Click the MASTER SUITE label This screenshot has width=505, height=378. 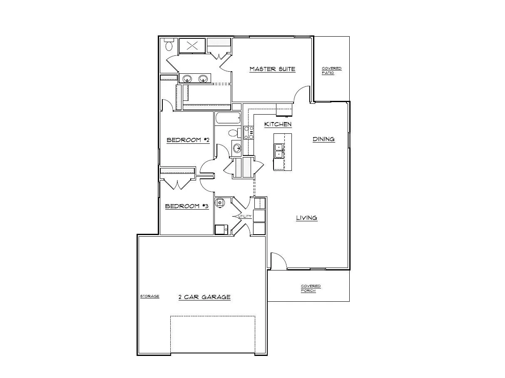pos(272,69)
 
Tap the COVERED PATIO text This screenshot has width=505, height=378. pos(331,70)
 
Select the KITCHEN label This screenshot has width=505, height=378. pos(278,124)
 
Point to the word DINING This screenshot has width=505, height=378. pos(323,139)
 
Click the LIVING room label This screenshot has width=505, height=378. pos(306,218)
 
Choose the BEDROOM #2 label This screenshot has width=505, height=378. pos(187,140)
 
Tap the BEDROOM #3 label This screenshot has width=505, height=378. pos(187,206)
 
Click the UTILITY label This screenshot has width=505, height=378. pos(244,216)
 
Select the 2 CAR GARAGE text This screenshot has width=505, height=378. pos(204,297)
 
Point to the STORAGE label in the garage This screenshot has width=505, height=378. pos(149,296)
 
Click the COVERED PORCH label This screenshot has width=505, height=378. pos(311,288)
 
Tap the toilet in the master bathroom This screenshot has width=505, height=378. pos(169,45)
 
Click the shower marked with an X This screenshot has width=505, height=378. pos(192,46)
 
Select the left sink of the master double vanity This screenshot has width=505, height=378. pos(187,78)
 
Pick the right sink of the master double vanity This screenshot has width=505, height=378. pos(203,78)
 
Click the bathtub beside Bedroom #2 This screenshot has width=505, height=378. pos(228,118)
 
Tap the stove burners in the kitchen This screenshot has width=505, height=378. pos(249,133)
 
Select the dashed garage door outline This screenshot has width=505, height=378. pos(212,333)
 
